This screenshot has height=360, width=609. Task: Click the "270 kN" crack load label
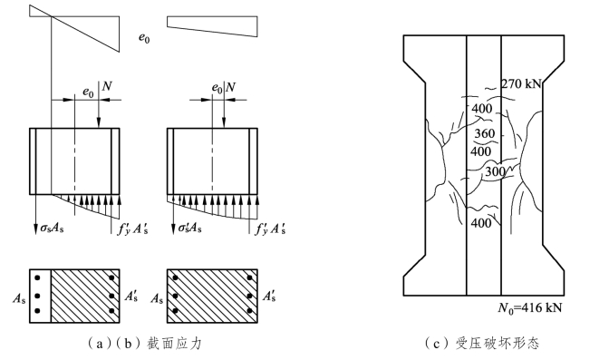pyautogui.click(x=521, y=83)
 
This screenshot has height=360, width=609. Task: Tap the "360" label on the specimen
pyautogui.click(x=484, y=133)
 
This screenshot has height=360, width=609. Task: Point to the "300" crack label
pyautogui.click(x=495, y=171)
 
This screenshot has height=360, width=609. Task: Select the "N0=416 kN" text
pyautogui.click(x=530, y=308)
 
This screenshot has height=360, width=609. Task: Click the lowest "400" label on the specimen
pyautogui.click(x=481, y=223)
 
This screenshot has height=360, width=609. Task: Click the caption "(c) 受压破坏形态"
pyautogui.click(x=482, y=344)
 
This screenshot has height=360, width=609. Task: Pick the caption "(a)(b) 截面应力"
pyautogui.click(x=144, y=344)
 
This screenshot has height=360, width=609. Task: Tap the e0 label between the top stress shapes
pyautogui.click(x=144, y=38)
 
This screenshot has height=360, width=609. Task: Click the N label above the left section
pyautogui.click(x=106, y=86)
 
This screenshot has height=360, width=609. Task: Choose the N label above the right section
pyautogui.click(x=230, y=87)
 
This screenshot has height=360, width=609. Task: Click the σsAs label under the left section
pyautogui.click(x=52, y=229)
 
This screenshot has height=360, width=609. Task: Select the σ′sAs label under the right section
pyautogui.click(x=189, y=228)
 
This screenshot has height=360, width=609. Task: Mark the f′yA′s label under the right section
pyautogui.click(x=270, y=229)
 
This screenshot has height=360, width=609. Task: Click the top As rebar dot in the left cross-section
pyautogui.click(x=37, y=277)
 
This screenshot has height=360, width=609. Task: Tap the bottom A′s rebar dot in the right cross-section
pyautogui.click(x=249, y=311)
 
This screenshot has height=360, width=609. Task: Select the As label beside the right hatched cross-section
pyautogui.click(x=157, y=298)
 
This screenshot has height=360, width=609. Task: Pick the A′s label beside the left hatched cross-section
pyautogui.click(x=131, y=297)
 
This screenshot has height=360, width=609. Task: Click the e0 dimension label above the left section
pyautogui.click(x=88, y=92)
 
